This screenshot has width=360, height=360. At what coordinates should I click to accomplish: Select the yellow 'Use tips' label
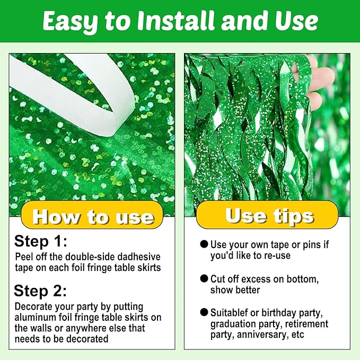[x=267, y=215]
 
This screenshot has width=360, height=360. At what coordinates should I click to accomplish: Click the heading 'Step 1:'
[x=41, y=242]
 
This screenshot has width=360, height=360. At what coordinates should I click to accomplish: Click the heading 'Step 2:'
[x=40, y=291]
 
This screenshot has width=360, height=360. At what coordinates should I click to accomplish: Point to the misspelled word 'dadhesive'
[x=139, y=257]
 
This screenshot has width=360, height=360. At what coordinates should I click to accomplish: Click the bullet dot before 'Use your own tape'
[x=204, y=244]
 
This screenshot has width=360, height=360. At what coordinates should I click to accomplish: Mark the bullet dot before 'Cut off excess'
[x=204, y=278]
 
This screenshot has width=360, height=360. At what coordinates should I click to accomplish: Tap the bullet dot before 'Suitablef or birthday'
[x=204, y=312]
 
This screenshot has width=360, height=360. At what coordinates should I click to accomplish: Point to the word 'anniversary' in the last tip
[x=262, y=335]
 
